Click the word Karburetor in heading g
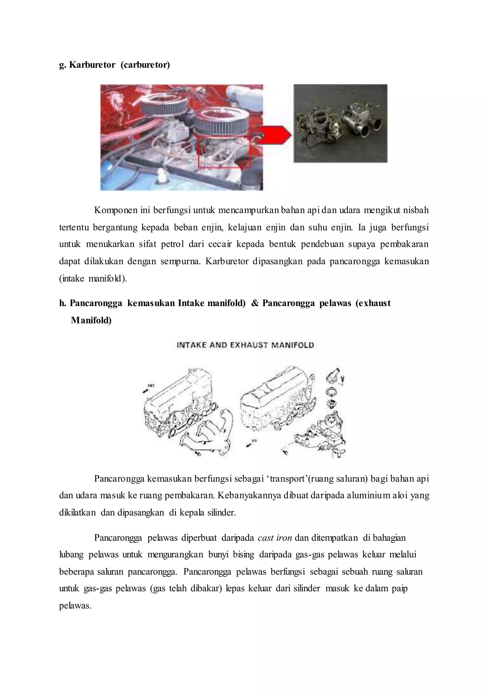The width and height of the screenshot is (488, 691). click(92, 65)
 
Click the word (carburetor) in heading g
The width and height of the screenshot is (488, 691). click(145, 65)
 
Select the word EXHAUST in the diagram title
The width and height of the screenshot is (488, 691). click(249, 345)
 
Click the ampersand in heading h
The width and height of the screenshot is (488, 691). click(255, 303)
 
